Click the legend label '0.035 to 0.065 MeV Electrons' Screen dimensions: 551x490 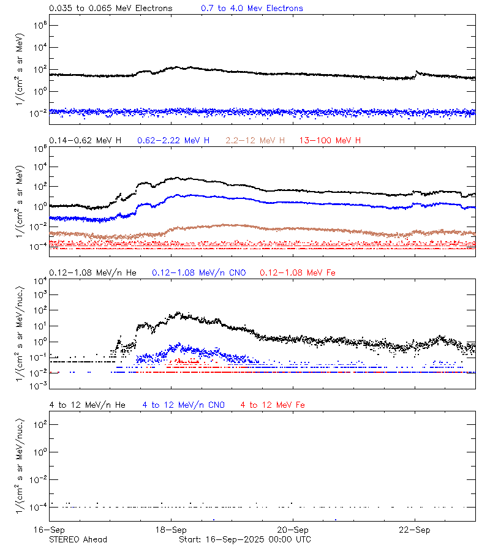[x=111, y=9]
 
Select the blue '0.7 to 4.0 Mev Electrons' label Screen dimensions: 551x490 [x=252, y=9]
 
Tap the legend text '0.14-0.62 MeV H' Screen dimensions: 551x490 [x=85, y=141]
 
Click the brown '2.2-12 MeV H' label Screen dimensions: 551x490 [x=255, y=141]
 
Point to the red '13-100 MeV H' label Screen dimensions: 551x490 [x=330, y=141]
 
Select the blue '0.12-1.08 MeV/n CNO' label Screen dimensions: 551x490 [x=199, y=272]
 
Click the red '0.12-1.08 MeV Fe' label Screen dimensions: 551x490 [x=298, y=272]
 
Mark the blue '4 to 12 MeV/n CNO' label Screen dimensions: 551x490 [x=184, y=405]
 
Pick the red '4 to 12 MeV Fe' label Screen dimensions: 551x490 [x=273, y=405]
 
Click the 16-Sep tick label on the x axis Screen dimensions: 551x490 [x=50, y=530]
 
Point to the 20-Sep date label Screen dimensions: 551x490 [x=293, y=530]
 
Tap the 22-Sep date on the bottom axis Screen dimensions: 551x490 [x=414, y=530]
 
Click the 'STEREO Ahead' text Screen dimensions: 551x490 [x=78, y=539]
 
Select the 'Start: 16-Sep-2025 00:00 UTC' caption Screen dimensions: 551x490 [x=244, y=539]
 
